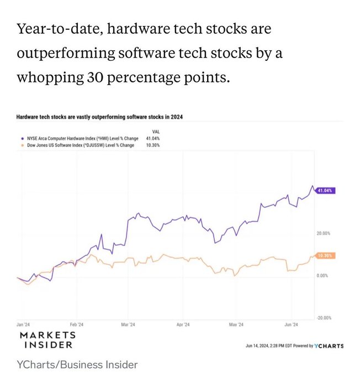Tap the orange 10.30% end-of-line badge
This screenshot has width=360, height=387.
tap(326, 255)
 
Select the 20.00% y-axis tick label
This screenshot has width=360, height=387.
tap(323, 233)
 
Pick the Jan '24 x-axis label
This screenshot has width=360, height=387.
tap(23, 325)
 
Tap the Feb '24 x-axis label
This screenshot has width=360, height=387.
tap(77, 325)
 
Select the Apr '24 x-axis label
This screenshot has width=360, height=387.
tap(183, 325)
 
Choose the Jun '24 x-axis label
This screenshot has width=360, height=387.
tap(291, 325)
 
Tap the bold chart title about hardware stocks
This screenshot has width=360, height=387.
tap(99, 117)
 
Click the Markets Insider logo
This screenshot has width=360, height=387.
tap(47, 340)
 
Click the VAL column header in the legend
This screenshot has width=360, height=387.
tap(148, 132)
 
